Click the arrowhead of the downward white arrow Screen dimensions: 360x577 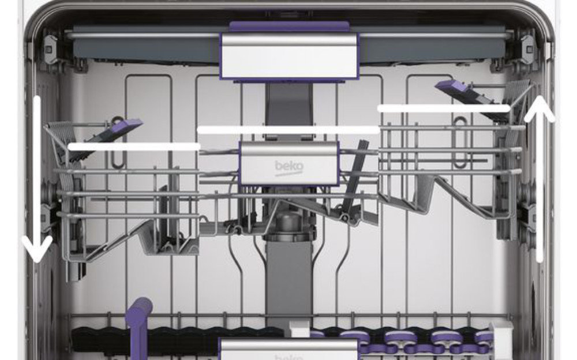pos(37,252)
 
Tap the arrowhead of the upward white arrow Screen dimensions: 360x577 pos(540,107)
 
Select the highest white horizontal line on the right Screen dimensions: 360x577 pos(443,108)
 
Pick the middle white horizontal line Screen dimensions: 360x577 pos(288,130)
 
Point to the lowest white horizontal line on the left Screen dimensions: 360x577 pos(134,147)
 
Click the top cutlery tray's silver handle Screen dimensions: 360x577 pos(289,56)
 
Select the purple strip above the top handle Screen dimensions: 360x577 pos(289,26)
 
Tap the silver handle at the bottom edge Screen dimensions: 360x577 pos(289,349)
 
